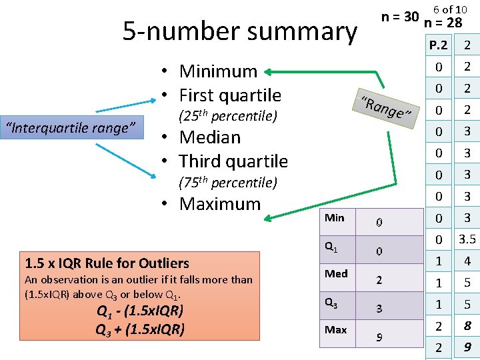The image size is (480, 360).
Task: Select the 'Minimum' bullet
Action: [218, 71]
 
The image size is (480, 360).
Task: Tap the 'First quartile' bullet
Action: [230, 95]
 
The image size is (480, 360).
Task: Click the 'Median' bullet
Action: [209, 137]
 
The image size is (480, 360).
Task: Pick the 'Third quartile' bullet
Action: [233, 161]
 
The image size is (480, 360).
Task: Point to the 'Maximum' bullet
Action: [219, 204]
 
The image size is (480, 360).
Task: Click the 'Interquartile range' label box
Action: [71, 127]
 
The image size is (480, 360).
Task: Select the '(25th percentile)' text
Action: [228, 116]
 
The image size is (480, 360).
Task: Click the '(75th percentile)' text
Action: [228, 183]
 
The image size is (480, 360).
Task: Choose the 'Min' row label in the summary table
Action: [335, 218]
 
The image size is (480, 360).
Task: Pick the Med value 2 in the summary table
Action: [379, 281]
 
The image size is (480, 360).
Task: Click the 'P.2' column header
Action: [439, 45]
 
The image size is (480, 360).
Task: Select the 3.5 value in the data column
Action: [467, 239]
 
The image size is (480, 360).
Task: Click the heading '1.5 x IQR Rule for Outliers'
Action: [107, 263]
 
